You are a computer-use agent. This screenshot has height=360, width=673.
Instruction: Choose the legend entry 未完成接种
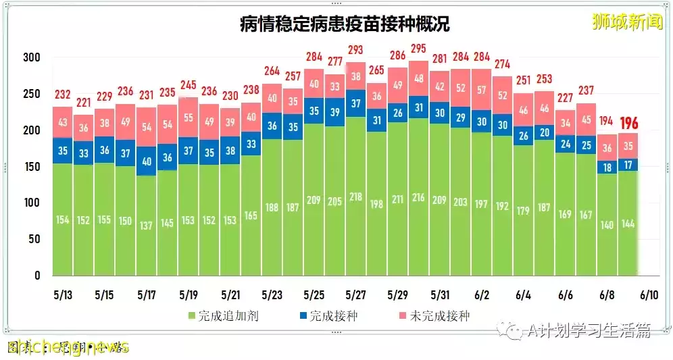(x=434, y=315)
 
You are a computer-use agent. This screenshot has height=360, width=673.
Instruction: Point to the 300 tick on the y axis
(x=32, y=57)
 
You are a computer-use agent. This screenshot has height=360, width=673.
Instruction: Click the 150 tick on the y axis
(x=32, y=166)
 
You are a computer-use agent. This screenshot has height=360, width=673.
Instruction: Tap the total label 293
(x=356, y=50)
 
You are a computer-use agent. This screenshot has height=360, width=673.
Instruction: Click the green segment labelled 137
(x=147, y=225)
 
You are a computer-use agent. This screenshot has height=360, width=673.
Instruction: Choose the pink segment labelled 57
(x=482, y=89)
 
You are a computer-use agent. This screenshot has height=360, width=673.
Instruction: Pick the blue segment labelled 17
(x=628, y=165)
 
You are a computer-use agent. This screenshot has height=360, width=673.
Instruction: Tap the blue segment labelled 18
(x=607, y=168)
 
